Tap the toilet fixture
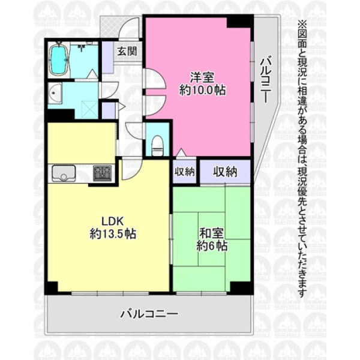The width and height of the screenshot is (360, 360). coord(157,146)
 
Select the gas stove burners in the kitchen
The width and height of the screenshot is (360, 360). coord(103,173)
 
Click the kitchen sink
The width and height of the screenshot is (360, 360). coord(64,173)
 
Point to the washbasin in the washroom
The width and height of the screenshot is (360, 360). coord(55,94)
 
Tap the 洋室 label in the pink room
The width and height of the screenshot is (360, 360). coord(202,77)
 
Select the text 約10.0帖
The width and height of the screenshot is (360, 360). coord(202,90)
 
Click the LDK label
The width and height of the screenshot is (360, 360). coord(113,221)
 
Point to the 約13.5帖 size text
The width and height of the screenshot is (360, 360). coord(113,234)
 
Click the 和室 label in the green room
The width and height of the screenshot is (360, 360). coord(211,233)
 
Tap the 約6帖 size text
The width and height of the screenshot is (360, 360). coord(212,247)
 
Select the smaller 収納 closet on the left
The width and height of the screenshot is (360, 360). coord(184,172)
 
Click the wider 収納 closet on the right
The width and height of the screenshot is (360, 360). coord(225,172)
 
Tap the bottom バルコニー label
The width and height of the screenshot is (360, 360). coord(149,314)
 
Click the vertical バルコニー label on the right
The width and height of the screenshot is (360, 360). coord(266,80)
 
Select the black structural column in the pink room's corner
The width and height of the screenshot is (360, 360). coord(239,22)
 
